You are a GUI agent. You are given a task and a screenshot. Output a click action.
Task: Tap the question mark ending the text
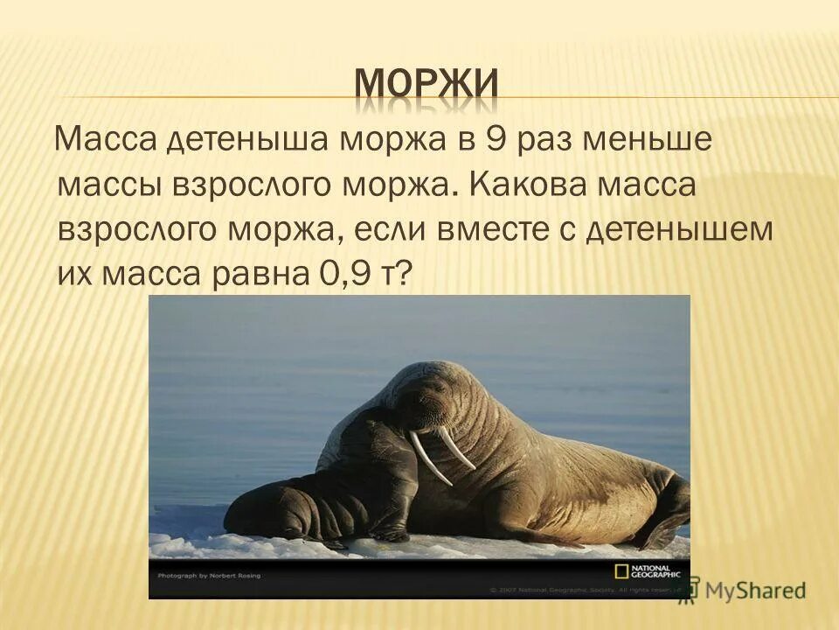404,276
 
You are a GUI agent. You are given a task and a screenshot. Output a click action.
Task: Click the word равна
253,276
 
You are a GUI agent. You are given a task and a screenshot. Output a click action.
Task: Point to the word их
76,276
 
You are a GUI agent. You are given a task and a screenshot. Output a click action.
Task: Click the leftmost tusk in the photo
429,458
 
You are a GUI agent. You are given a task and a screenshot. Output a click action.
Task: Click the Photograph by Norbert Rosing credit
210,576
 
